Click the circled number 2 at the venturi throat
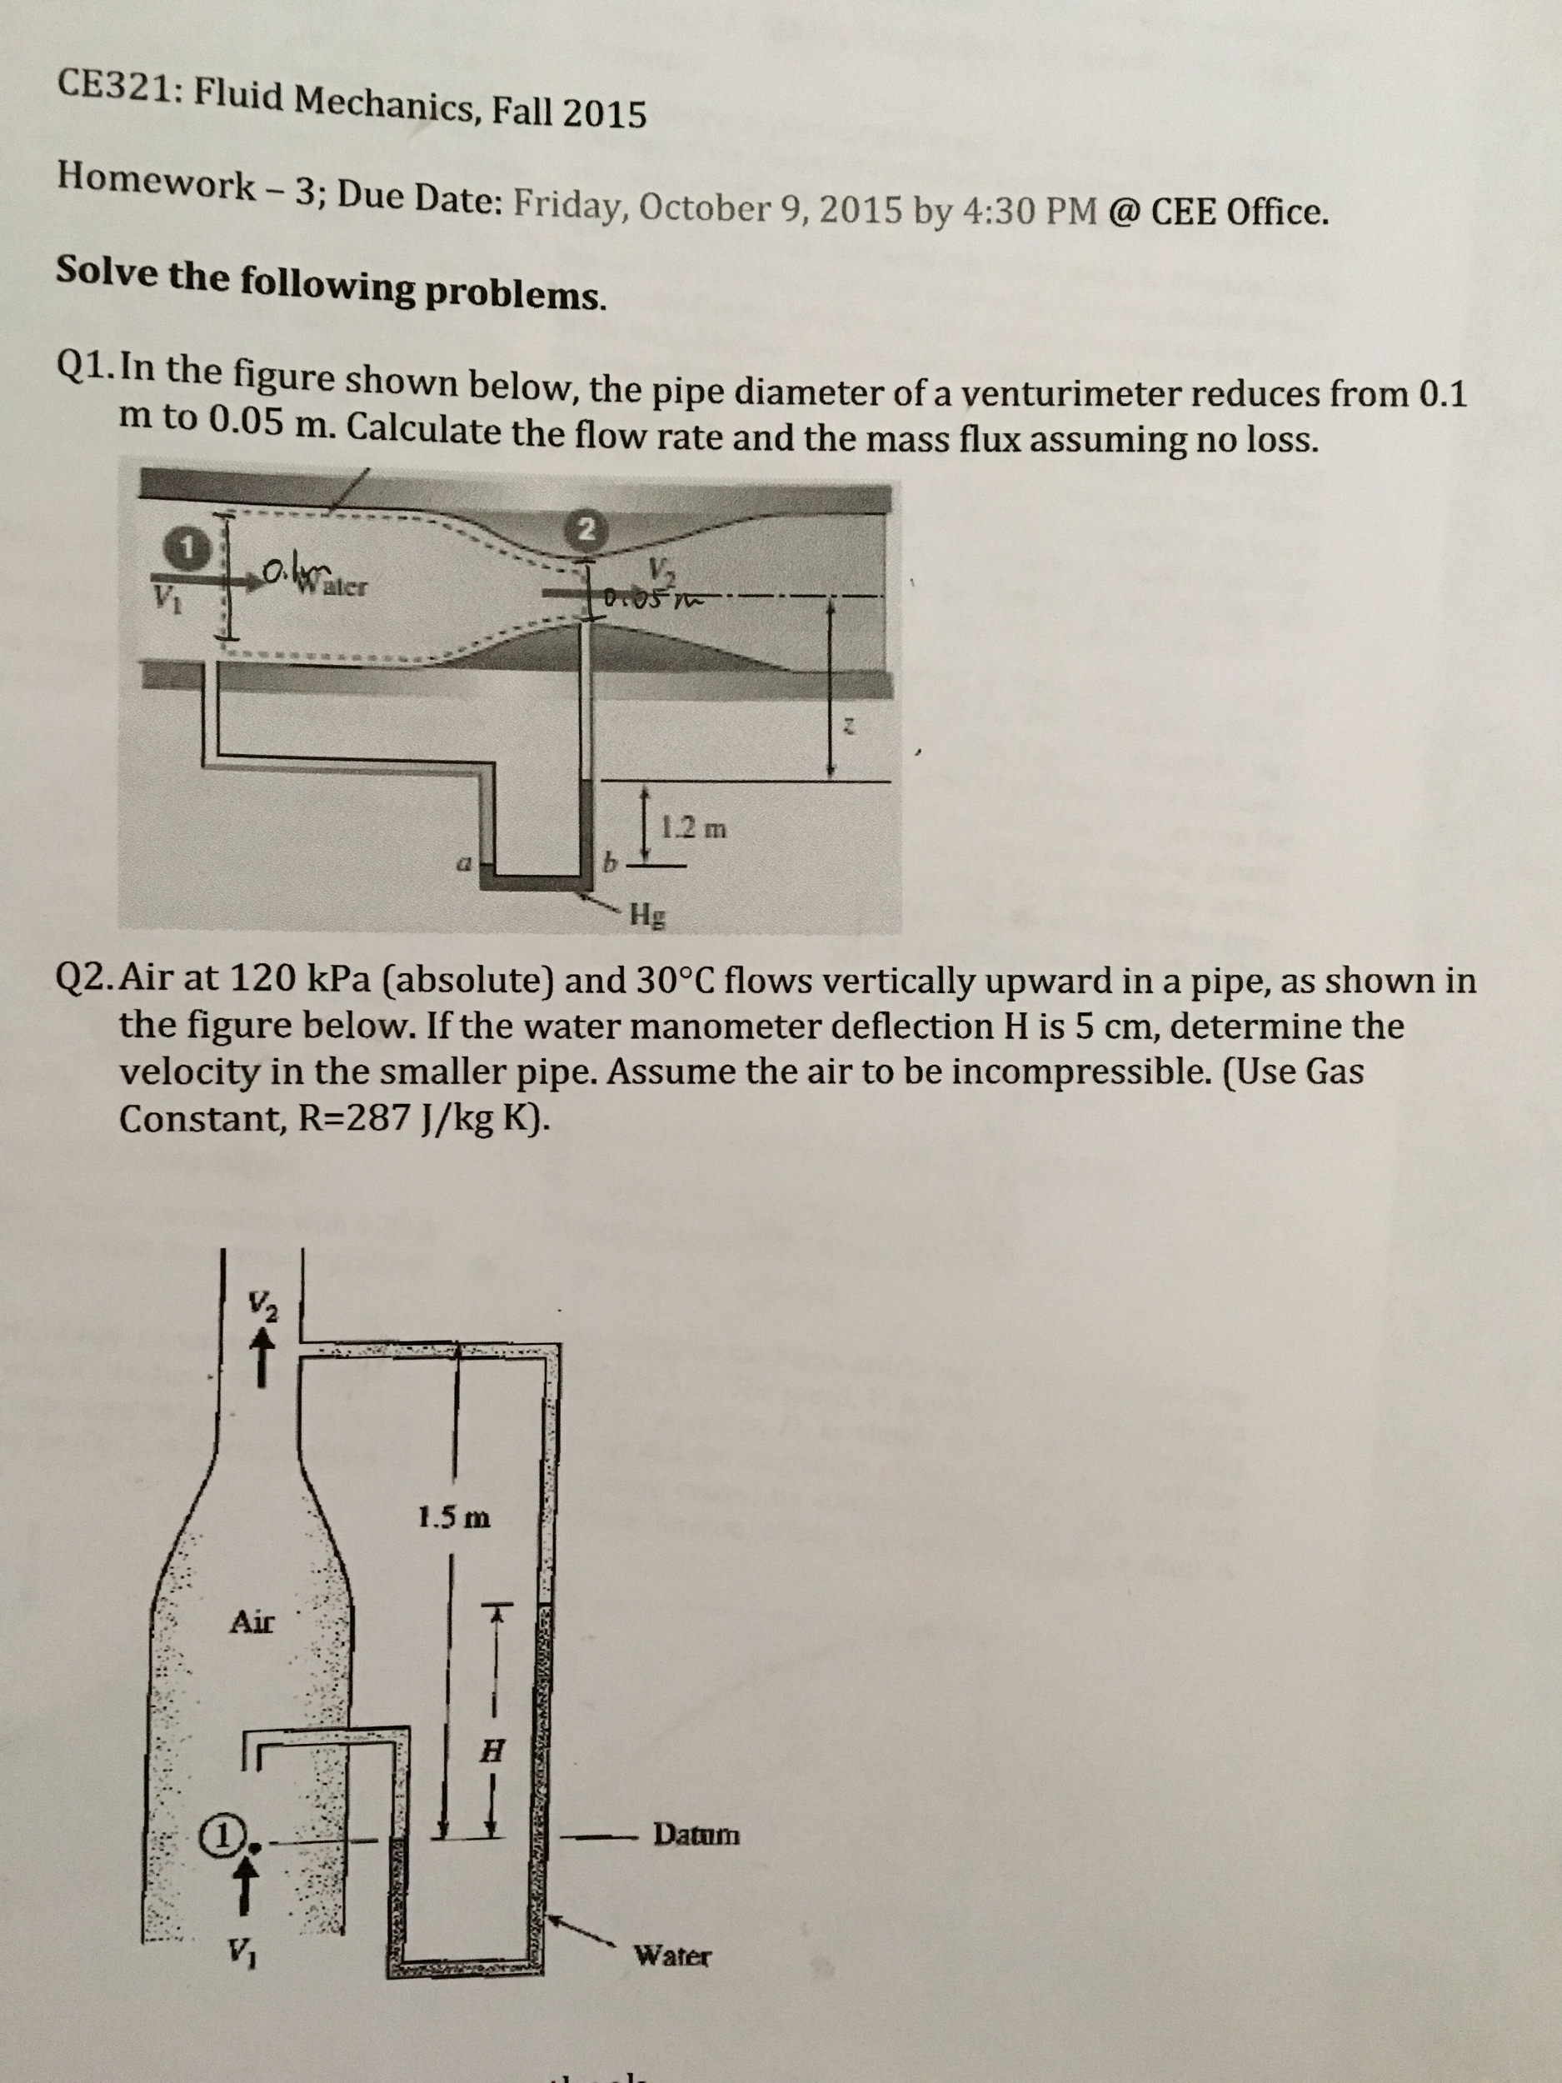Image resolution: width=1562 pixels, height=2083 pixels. (x=586, y=528)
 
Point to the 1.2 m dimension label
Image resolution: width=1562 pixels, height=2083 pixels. (x=694, y=830)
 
